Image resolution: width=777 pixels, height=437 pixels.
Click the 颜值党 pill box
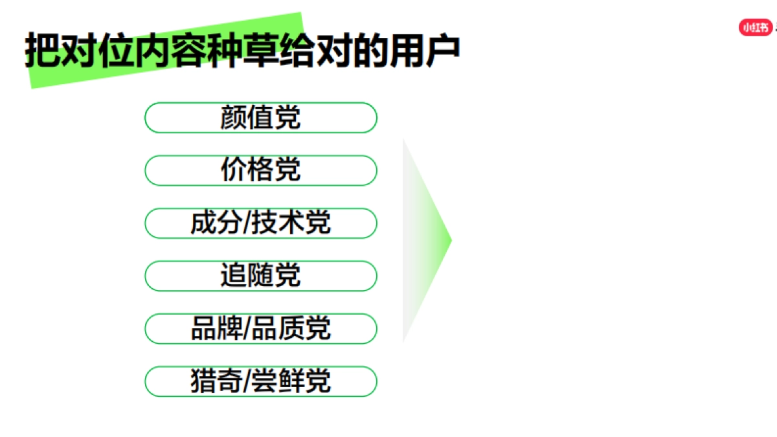(260, 118)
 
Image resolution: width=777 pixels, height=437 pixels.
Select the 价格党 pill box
(260, 170)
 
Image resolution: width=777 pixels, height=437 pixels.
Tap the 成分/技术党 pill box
(260, 223)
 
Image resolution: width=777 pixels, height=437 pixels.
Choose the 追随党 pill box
(260, 276)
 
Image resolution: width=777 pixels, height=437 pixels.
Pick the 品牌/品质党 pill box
(260, 329)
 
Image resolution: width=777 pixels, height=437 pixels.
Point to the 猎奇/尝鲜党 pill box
(260, 381)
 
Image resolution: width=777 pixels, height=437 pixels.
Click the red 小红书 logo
(756, 27)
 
